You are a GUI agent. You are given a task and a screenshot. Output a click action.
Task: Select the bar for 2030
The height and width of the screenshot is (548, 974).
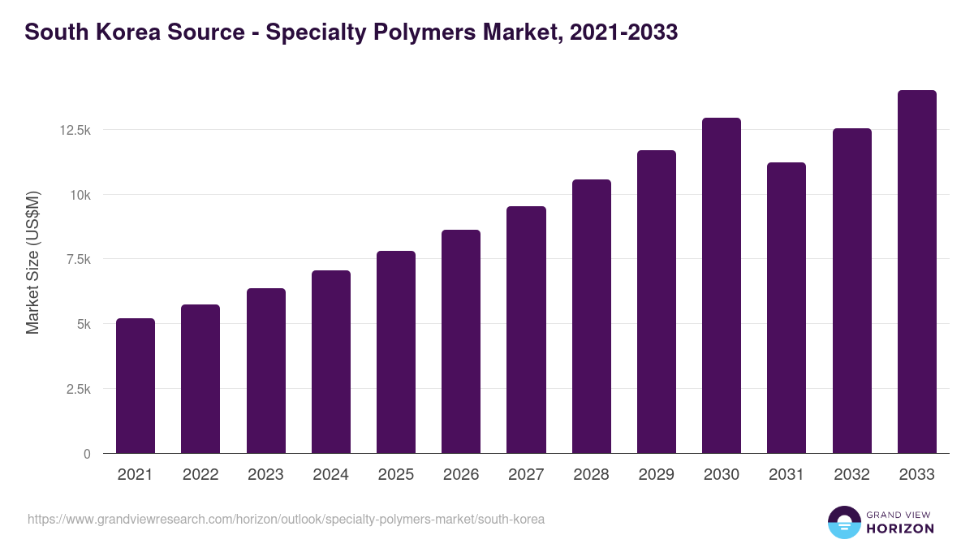point(722,286)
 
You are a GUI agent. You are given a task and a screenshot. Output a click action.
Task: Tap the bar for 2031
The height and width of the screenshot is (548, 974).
point(787,308)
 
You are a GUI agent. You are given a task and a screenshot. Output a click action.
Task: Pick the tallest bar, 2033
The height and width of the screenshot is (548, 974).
point(916,272)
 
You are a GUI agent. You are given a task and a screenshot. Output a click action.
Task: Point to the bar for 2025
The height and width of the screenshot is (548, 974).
point(396,352)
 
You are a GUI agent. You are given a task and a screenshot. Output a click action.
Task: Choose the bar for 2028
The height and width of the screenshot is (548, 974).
point(592,317)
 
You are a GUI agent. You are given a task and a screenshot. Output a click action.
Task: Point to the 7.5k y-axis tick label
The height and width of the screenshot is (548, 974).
point(78,259)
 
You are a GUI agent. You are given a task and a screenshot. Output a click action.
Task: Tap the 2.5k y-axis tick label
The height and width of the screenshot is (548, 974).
point(78,389)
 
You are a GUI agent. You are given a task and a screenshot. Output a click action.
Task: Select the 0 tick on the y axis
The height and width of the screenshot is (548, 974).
point(87,454)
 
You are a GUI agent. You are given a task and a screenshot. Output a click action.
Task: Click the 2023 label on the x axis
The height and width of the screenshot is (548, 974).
point(265,475)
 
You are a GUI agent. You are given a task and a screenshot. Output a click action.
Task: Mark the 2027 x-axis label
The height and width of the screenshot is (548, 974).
point(526,475)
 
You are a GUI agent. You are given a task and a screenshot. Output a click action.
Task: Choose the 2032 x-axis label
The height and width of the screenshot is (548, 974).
point(851,475)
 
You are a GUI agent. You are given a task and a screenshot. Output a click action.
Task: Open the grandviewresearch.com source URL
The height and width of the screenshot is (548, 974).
point(286,519)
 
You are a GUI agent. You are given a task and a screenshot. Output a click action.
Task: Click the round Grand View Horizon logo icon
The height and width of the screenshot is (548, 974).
point(843,522)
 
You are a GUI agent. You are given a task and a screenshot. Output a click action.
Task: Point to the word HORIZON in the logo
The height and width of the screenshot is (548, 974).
point(900,529)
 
